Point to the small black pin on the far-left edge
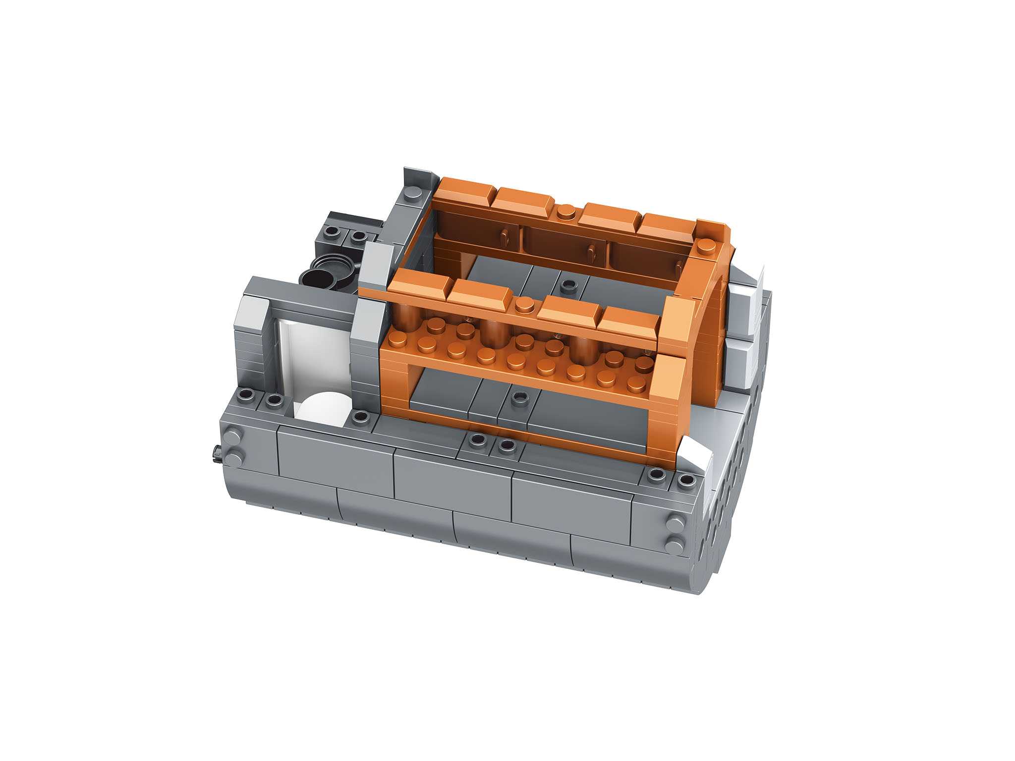(x=217, y=453)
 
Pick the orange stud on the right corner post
(x=705, y=245)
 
